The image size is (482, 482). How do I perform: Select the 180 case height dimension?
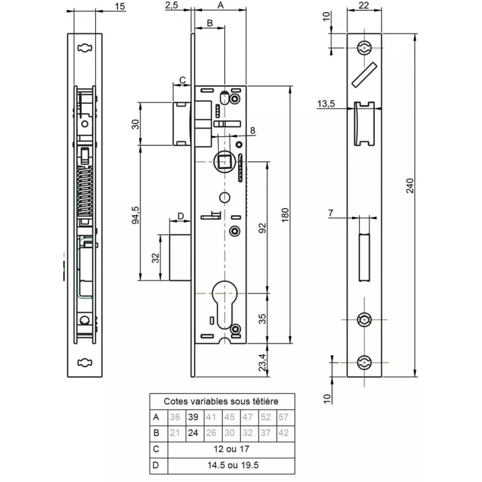point(286,214)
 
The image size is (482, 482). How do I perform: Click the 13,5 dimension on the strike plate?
point(326,104)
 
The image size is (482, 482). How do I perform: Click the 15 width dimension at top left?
point(119,6)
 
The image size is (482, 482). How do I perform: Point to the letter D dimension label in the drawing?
point(180,216)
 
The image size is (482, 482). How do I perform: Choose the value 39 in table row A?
point(193,417)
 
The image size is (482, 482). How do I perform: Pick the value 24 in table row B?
point(193,433)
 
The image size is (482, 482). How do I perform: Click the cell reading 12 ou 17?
point(231,449)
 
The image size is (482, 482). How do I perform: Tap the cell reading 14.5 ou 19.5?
point(231,465)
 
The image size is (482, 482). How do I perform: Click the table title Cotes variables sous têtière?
point(222,401)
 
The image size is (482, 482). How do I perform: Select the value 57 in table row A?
point(284,417)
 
